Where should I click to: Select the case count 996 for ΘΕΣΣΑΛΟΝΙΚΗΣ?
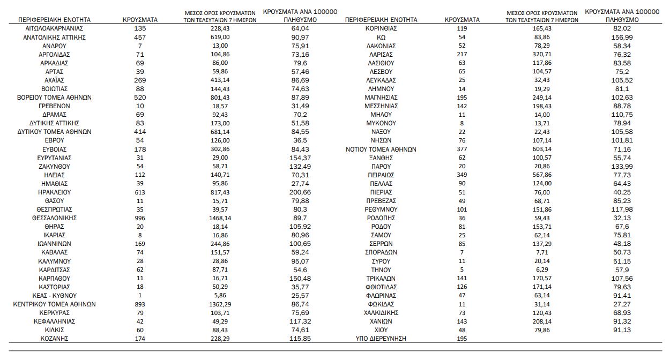140,218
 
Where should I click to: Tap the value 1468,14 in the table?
224,218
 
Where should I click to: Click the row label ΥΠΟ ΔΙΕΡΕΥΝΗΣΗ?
381,339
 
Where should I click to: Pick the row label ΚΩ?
381,37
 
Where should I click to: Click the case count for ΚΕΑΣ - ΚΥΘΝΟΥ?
140,296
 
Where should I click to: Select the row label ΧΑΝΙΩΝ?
381,321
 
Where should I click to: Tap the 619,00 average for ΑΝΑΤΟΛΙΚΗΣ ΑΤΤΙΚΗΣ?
224,37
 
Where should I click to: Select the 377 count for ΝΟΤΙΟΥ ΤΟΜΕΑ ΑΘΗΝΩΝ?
463,149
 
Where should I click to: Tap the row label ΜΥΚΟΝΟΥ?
381,123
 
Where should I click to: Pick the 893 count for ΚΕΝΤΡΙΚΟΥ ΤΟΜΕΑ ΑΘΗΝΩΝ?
140,304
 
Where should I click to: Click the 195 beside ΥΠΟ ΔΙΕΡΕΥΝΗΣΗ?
463,339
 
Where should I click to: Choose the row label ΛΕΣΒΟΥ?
381,72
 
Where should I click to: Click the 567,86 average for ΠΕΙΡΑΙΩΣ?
541,175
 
